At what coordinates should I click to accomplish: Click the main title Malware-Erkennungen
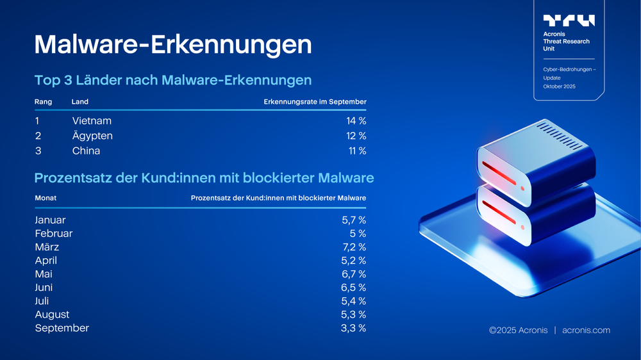tap(172, 45)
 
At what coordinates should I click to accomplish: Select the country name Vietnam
tap(92, 120)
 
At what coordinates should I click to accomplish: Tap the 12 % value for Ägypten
tap(356, 136)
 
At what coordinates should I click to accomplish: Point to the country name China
tap(86, 151)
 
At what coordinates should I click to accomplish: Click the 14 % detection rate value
tap(356, 120)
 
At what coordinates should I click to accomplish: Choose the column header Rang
tap(44, 102)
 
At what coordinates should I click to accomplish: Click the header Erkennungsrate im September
tap(315, 102)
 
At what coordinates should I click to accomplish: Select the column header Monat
tap(46, 198)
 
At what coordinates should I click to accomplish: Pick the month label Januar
tap(50, 220)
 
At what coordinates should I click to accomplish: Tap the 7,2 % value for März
tap(354, 247)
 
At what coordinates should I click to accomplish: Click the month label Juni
tap(44, 288)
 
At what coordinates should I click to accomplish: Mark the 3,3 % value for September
tap(354, 328)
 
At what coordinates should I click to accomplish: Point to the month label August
tap(52, 315)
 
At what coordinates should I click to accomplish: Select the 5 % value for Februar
tap(358, 233)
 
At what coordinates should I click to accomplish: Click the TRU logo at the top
tap(569, 20)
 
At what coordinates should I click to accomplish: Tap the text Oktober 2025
tap(559, 86)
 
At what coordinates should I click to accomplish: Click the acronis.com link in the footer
tap(586, 331)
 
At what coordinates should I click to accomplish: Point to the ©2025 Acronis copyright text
tap(517, 331)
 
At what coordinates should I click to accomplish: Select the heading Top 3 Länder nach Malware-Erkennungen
tap(172, 80)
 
